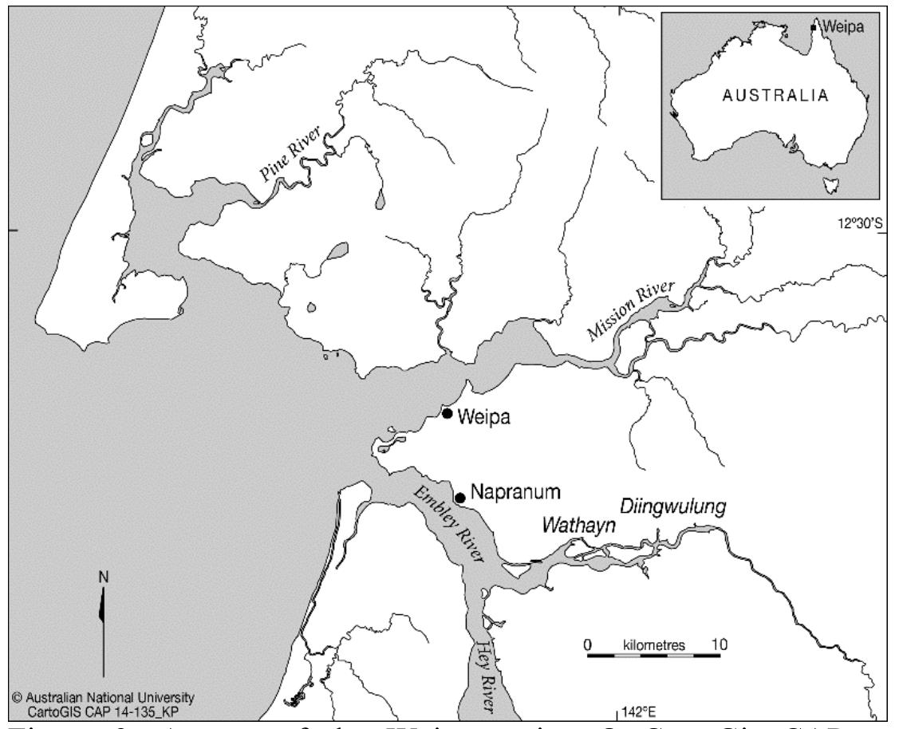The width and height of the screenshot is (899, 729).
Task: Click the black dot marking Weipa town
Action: [x=448, y=413]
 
